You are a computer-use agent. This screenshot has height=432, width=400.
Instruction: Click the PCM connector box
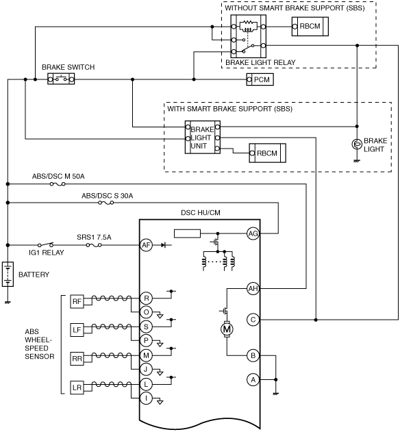(x=260, y=79)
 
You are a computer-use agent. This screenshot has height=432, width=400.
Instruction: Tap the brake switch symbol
(x=61, y=79)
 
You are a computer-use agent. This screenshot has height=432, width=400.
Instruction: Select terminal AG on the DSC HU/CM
(x=253, y=233)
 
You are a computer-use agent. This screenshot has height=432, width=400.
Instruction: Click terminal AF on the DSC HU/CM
(x=146, y=245)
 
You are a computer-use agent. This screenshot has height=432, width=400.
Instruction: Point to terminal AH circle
(x=253, y=288)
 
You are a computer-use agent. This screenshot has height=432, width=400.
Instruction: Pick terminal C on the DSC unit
(x=253, y=320)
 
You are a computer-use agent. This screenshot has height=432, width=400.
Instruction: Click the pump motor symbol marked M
(x=227, y=329)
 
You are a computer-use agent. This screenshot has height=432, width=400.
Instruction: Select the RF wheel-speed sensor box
(x=77, y=301)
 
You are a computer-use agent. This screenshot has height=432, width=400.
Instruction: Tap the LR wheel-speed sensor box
(x=77, y=387)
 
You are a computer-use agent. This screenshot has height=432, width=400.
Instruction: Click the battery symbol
(x=8, y=274)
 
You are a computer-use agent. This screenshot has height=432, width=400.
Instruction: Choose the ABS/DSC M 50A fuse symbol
(x=58, y=183)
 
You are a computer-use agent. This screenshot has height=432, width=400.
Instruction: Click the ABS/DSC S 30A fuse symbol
(x=106, y=203)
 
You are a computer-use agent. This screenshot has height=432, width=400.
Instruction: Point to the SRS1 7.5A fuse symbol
(x=94, y=245)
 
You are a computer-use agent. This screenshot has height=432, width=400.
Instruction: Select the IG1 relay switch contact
(x=46, y=244)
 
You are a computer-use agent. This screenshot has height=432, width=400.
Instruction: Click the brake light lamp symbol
(x=357, y=144)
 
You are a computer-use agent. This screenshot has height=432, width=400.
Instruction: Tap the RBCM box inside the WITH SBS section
(x=267, y=153)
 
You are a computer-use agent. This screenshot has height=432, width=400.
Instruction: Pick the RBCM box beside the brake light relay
(x=310, y=27)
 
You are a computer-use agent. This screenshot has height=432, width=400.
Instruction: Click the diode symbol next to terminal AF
(x=164, y=245)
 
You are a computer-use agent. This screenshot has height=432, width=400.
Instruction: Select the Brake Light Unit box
(x=202, y=137)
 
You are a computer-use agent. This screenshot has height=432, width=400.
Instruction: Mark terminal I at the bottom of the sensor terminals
(x=146, y=398)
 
